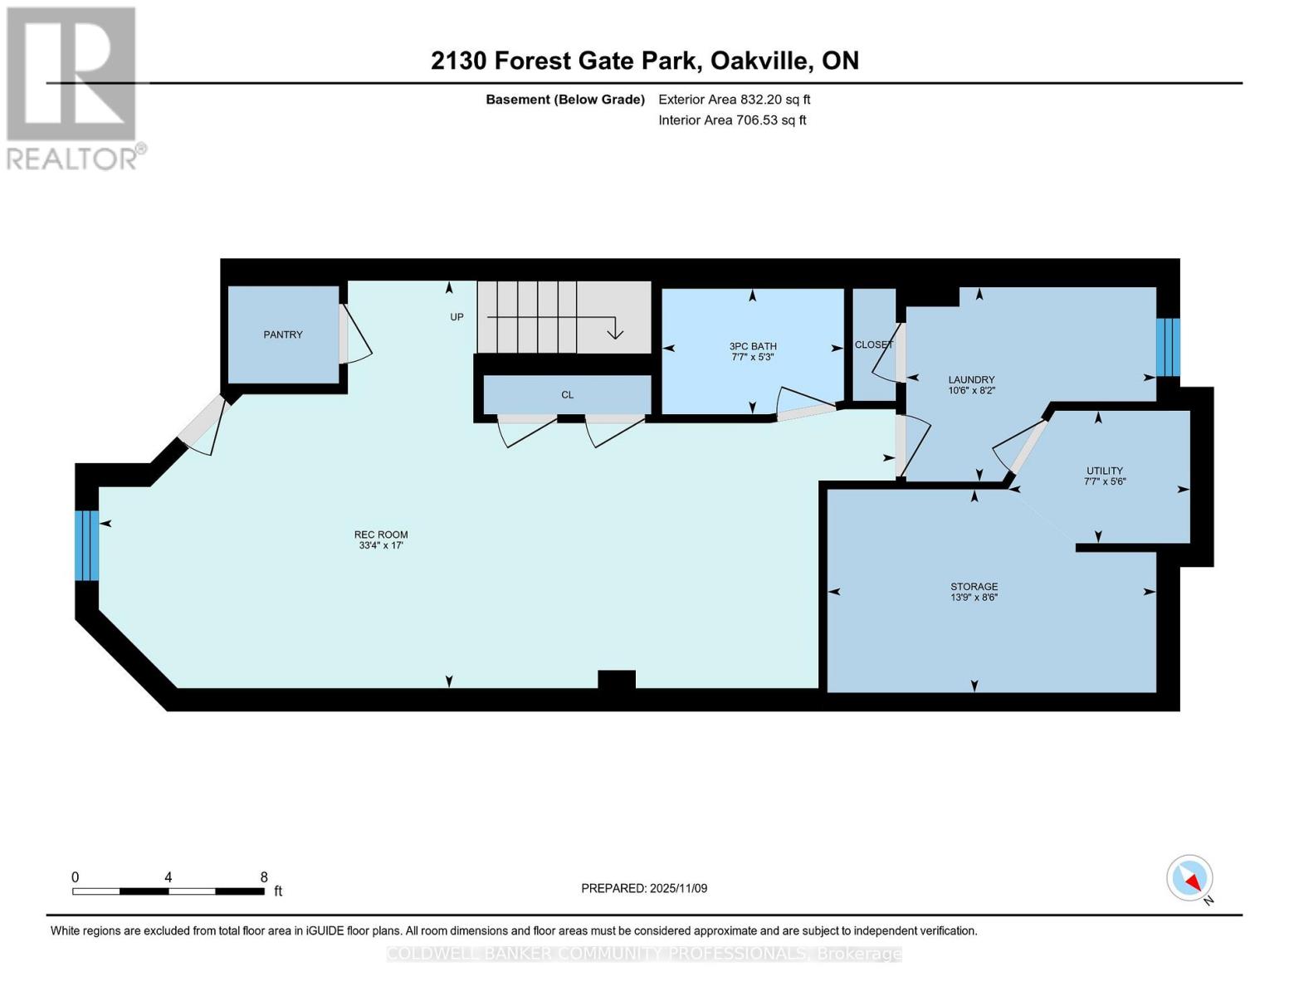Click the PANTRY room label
point(283,334)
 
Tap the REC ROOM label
point(381,535)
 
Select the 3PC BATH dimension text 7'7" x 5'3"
point(752,358)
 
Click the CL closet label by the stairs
point(567,395)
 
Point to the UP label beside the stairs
point(457,317)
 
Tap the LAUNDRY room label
point(971,379)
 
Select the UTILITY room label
point(1104,471)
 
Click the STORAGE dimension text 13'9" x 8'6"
point(974,598)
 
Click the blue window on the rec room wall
point(87,545)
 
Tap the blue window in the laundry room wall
point(1168,347)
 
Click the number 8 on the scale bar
point(264,877)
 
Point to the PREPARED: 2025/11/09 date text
point(644,888)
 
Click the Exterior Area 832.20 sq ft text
point(734,100)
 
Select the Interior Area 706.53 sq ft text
point(732,120)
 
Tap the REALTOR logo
point(73,88)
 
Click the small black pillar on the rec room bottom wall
point(617,680)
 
